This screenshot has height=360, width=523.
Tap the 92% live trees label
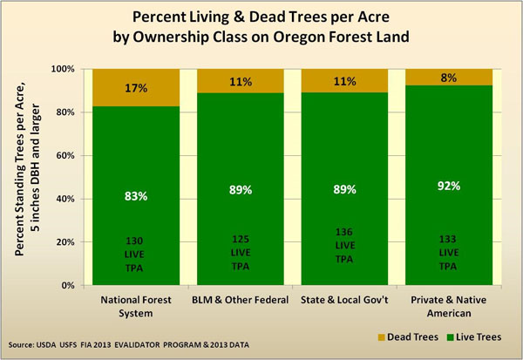click(x=449, y=186)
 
